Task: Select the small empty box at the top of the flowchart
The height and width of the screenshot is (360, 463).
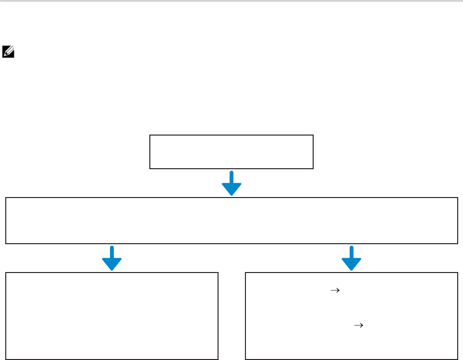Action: [x=231, y=152]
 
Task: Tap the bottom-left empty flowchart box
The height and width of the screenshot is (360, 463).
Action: [x=112, y=316]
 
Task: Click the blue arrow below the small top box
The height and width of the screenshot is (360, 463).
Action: [x=231, y=183]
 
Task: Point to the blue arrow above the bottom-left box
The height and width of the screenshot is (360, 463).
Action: [x=112, y=258]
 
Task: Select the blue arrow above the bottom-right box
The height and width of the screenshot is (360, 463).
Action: [x=351, y=258]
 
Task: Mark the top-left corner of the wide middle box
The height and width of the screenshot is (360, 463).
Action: [x=6, y=198]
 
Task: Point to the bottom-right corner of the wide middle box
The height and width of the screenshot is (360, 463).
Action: [x=457, y=243]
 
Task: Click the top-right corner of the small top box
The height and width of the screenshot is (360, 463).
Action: [x=313, y=136]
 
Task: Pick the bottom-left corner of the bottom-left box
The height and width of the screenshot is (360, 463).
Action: [x=6, y=359]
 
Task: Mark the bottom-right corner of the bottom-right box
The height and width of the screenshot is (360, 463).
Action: [x=457, y=359]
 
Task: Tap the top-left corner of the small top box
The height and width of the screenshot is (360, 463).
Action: [x=150, y=136]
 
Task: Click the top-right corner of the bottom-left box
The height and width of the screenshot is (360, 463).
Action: [x=218, y=273]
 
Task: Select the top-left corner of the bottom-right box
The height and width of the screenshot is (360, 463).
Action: [x=245, y=273]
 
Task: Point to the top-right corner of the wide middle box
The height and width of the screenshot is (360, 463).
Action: [x=457, y=198]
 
